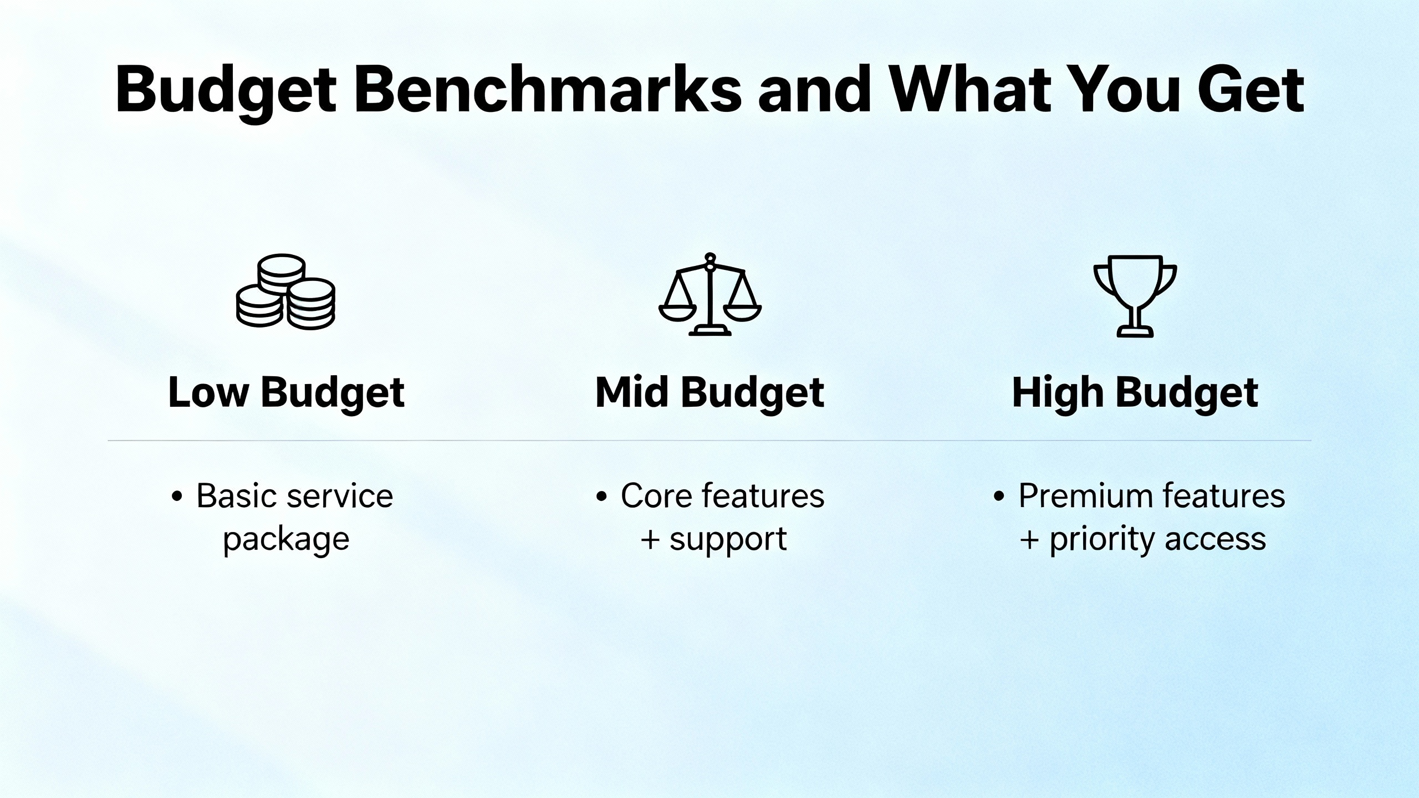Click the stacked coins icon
click(285, 291)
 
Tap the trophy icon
click(1135, 296)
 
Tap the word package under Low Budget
click(286, 539)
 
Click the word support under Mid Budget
click(728, 539)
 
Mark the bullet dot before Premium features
click(999, 497)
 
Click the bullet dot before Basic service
click(177, 497)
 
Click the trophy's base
click(1135, 332)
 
